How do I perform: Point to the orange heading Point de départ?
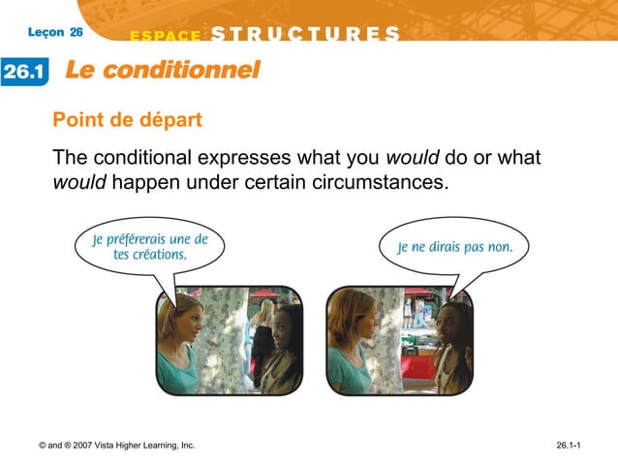pyautogui.click(x=127, y=121)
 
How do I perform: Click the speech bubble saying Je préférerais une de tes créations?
pyautogui.click(x=149, y=248)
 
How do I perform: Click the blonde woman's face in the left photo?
pyautogui.click(x=187, y=323)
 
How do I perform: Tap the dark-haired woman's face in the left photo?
pyautogui.click(x=282, y=328)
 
